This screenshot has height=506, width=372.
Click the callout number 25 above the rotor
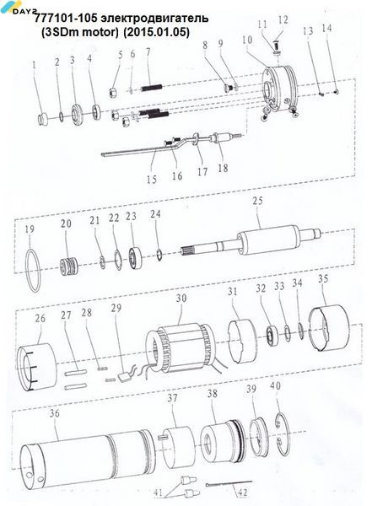click(x=257, y=201)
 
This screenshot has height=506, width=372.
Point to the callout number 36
click(x=55, y=413)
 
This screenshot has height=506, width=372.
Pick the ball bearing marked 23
click(x=135, y=258)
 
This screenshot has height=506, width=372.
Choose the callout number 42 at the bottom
click(x=242, y=493)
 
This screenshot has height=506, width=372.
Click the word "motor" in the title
click(x=102, y=32)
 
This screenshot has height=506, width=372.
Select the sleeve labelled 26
click(x=36, y=367)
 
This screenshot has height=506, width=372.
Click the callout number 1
click(x=34, y=66)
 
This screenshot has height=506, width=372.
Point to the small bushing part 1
click(x=42, y=120)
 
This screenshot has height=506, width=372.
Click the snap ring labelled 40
click(x=283, y=434)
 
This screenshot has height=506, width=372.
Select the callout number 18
click(x=223, y=168)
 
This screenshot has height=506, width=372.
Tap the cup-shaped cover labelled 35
click(x=329, y=327)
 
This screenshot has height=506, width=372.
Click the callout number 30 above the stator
click(x=181, y=298)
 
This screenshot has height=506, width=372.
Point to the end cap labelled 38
click(x=223, y=443)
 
